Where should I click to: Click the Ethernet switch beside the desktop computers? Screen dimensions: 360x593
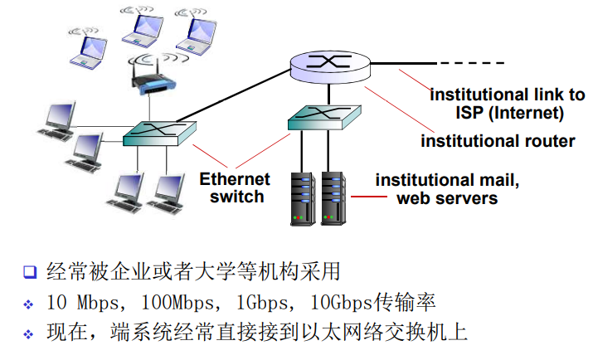coord(159,130)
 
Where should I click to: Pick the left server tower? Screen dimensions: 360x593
coord(304,198)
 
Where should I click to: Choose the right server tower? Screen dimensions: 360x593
coord(333,198)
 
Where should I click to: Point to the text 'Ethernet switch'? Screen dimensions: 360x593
coord(236,187)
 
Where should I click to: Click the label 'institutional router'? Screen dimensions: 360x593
coord(498,140)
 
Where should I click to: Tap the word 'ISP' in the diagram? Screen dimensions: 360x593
coord(468,113)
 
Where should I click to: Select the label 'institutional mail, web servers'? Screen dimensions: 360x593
coord(448,189)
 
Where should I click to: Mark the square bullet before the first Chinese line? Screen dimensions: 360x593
coord(31,271)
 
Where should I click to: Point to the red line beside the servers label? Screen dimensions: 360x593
coord(368,197)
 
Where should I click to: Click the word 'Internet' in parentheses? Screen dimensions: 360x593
coord(529,113)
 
